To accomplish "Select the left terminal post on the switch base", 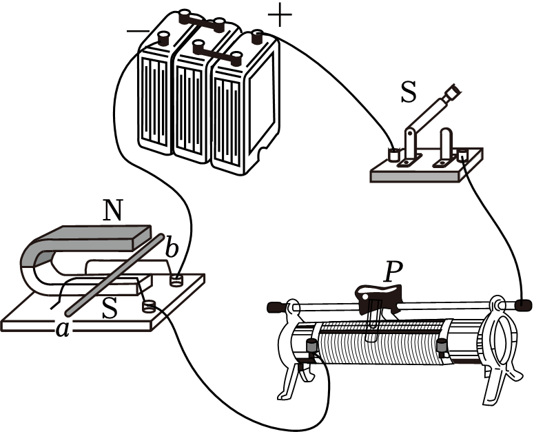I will tap(395, 154).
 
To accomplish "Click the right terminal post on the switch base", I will tap(462, 155).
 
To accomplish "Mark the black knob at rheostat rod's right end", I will tap(523, 304).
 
